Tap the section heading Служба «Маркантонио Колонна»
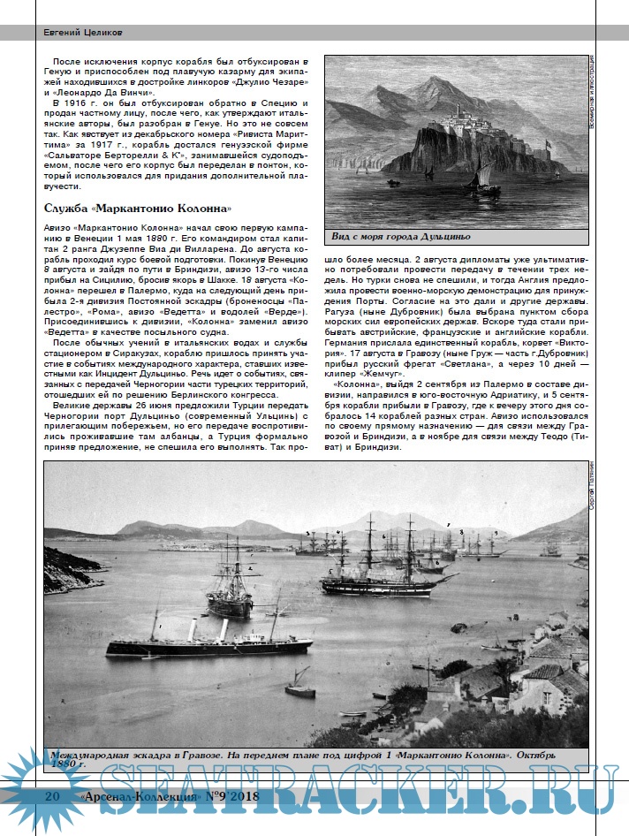(138, 209)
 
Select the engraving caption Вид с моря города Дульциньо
(399, 237)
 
